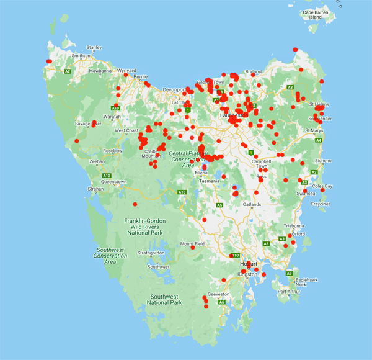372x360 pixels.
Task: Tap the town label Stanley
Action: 94,47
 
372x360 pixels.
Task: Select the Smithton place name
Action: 81,55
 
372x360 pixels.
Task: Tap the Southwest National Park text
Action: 164,299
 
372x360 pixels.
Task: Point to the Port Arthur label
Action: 290,292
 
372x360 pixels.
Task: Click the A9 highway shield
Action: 289,273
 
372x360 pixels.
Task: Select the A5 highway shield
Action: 219,205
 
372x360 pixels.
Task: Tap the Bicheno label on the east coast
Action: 323,161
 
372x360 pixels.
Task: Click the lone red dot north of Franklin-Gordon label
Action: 135,204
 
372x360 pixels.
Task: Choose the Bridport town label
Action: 254,72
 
